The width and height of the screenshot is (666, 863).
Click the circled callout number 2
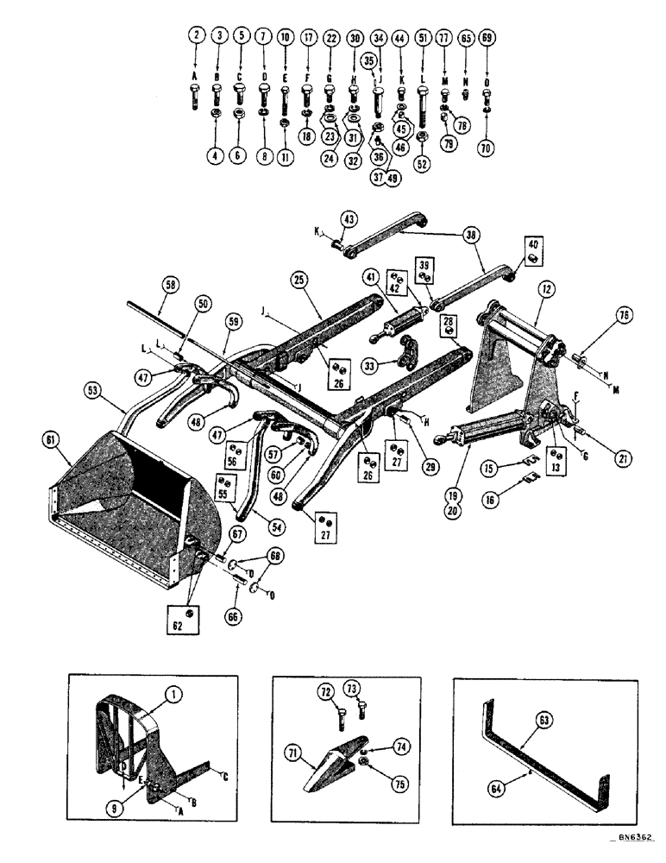point(197,36)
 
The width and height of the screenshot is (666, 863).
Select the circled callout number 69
point(487,39)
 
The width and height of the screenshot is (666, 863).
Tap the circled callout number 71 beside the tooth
point(295,753)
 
